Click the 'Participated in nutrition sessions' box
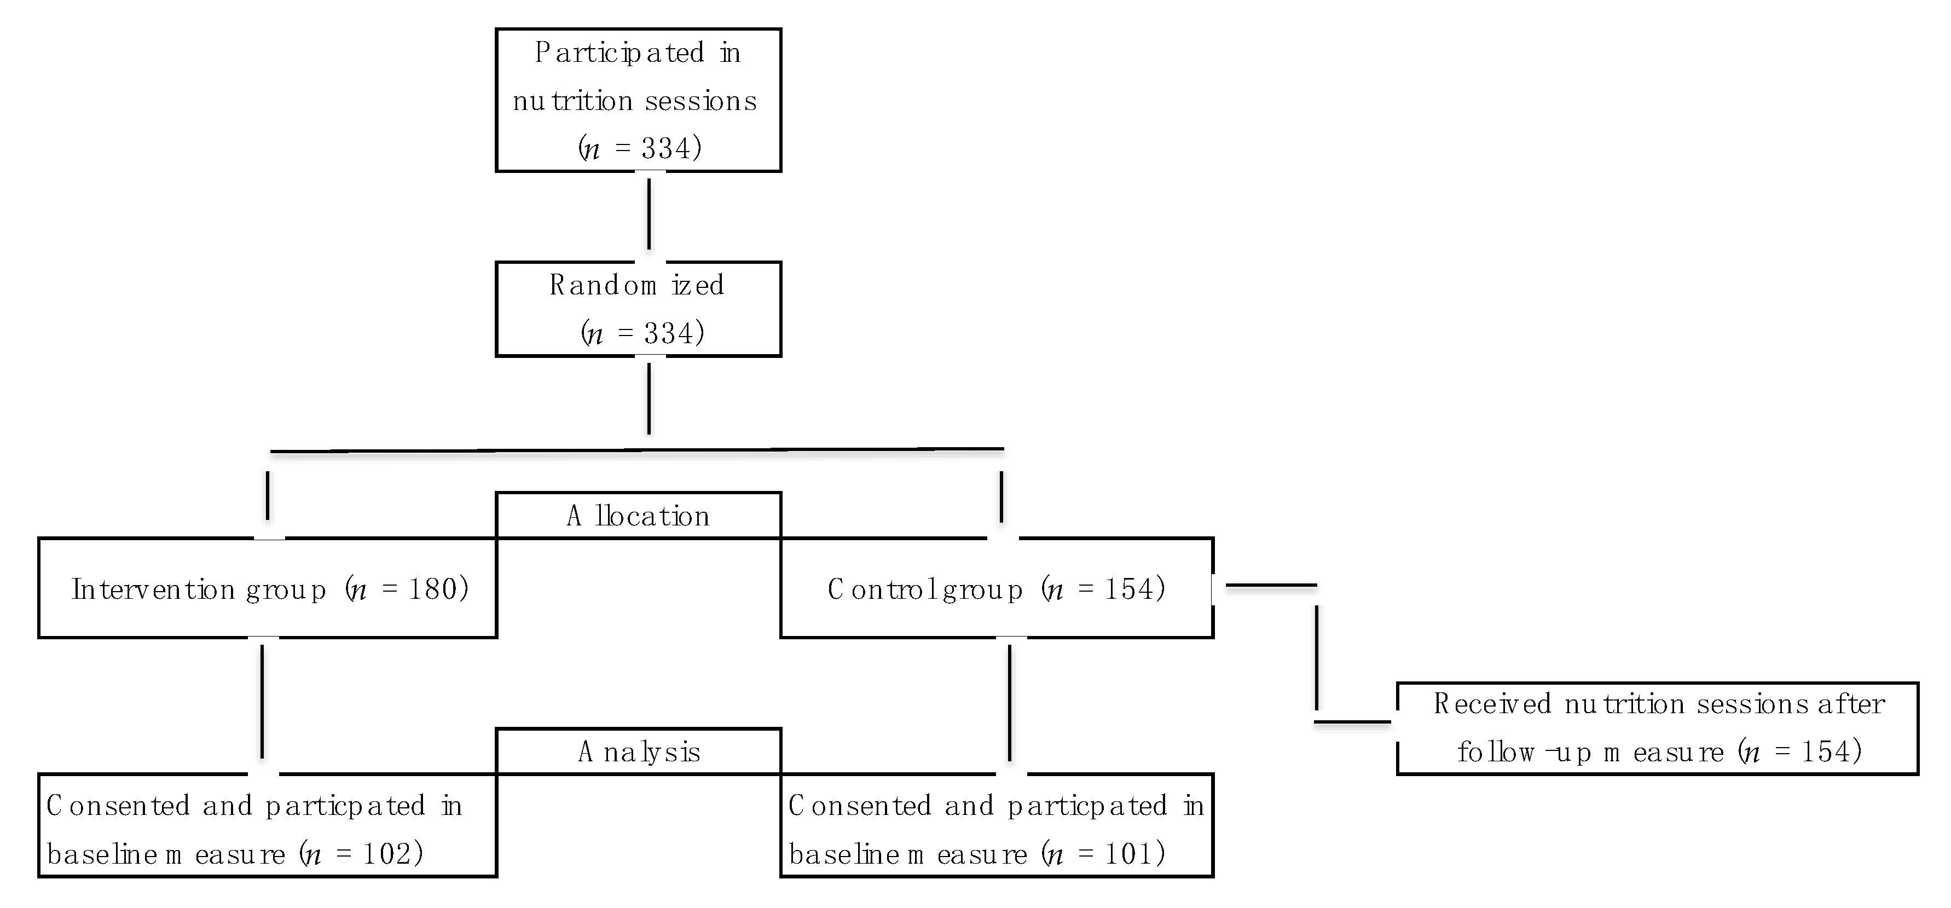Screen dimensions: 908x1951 638,100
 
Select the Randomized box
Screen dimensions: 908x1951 638,309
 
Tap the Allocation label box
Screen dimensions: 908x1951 638,516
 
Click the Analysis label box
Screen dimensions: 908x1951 638,751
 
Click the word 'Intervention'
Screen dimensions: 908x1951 153,589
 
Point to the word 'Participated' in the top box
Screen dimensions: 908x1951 620,53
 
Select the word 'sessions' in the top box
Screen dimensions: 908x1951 700,101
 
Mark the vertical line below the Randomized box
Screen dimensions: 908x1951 649,398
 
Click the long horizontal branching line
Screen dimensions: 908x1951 636,450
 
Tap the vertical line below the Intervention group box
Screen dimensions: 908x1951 262,701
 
